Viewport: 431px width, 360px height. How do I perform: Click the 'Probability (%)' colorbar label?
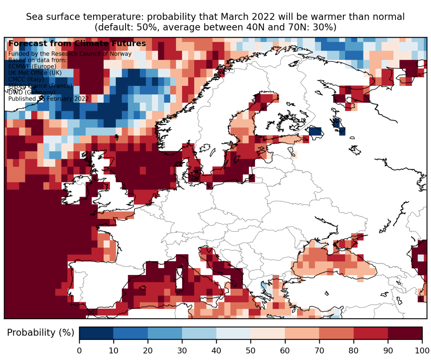pyautogui.click(x=40, y=333)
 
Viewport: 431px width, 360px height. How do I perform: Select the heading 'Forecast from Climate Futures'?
pyautogui.click(x=77, y=43)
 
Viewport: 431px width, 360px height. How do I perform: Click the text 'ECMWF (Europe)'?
pyautogui.click(x=32, y=67)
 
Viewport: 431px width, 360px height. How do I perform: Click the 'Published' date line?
pyautogui.click(x=48, y=99)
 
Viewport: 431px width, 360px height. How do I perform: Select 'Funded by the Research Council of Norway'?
pyautogui.click(x=70, y=54)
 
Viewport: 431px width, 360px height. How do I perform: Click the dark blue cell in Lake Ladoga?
pyautogui.click(x=315, y=131)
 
